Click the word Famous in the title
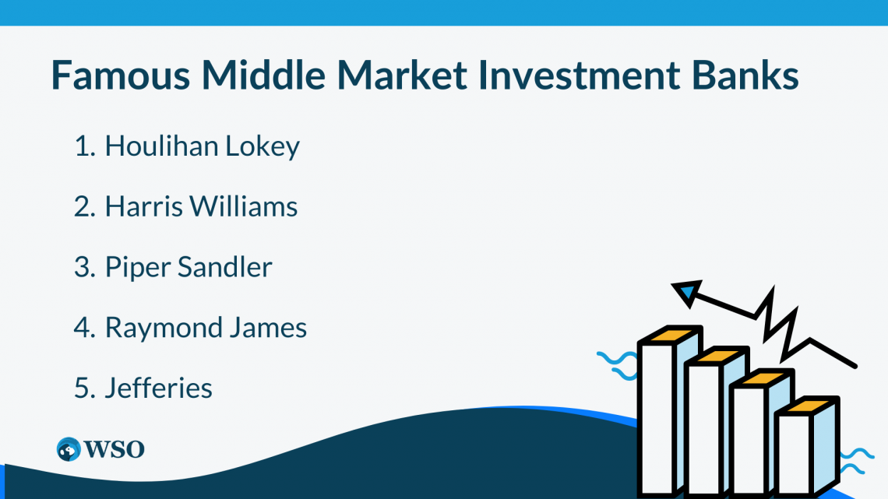pos(121,76)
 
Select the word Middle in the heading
pos(263,75)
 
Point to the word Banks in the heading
pos(745,75)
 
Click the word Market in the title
pos(402,75)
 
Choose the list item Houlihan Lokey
pos(203,146)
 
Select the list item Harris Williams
pos(201,206)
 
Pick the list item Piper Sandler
pos(189,267)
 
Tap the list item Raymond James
pos(206,328)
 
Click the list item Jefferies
pos(159,388)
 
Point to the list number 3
pos(84,267)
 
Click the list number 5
pos(84,388)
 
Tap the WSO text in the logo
pos(115,450)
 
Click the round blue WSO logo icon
pos(69,449)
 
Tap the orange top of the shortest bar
pos(807,406)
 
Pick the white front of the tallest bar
pos(657,419)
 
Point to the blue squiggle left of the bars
pos(618,365)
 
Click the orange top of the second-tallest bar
pos(717,357)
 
